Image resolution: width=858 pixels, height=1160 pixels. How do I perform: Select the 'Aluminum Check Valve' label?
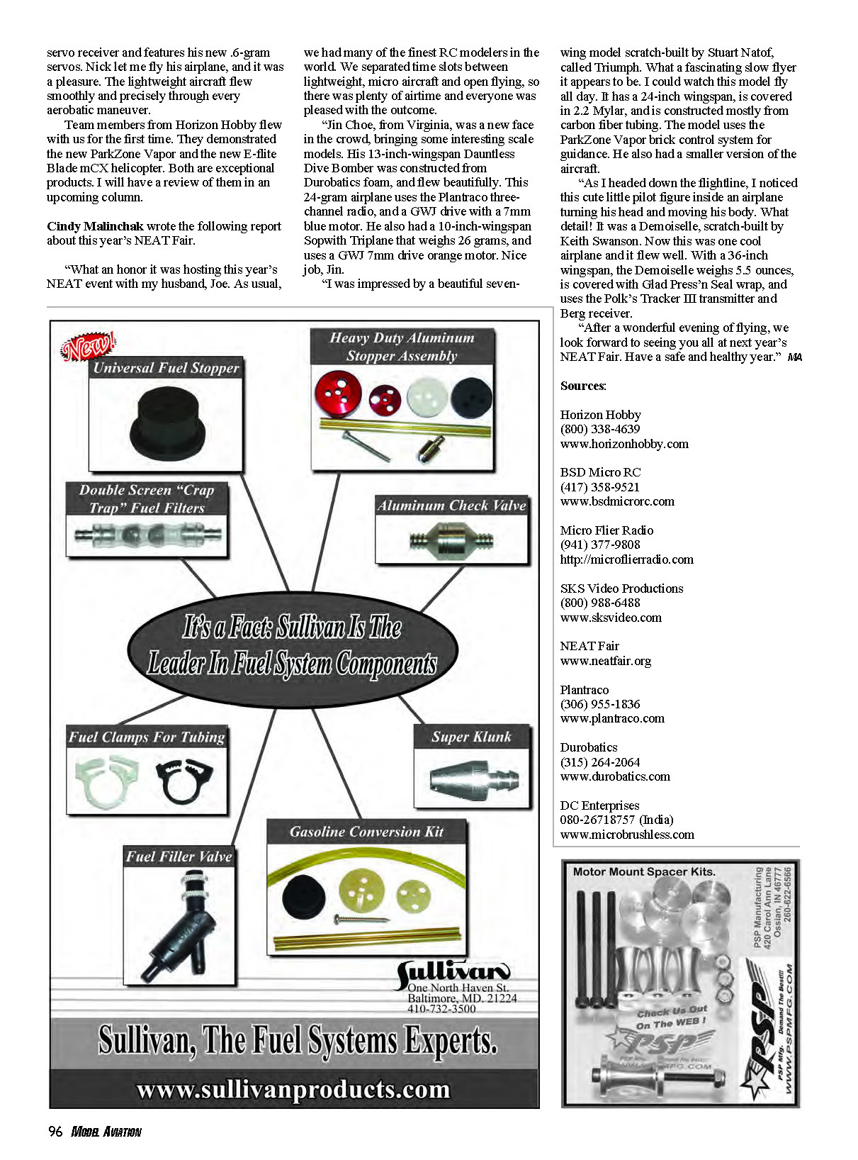pos(451,506)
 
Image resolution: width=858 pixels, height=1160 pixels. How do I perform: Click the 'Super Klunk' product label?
pos(471,737)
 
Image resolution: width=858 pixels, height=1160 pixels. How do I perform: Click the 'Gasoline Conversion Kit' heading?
pos(366,832)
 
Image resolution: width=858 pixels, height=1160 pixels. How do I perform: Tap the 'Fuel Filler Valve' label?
pos(179,857)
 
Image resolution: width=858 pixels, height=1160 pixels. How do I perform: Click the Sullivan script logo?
pos(453,972)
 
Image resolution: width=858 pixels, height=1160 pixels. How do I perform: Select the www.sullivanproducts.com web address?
pos(293,1089)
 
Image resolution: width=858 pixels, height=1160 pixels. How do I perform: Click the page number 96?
pos(55,1132)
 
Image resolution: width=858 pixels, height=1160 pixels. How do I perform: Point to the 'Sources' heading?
pos(582,386)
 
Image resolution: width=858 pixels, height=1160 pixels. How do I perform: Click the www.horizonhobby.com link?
pos(624,444)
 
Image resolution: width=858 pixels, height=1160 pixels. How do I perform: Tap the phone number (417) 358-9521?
pos(599,487)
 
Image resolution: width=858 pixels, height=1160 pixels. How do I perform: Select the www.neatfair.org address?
pos(605,661)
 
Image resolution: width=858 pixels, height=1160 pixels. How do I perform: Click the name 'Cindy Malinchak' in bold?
pos(95,226)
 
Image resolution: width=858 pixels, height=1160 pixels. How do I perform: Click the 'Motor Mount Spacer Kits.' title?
pos(644,871)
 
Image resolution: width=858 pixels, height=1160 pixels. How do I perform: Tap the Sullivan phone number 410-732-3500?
pos(441,1009)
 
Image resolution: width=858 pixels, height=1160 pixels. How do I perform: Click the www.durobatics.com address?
pos(615,776)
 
